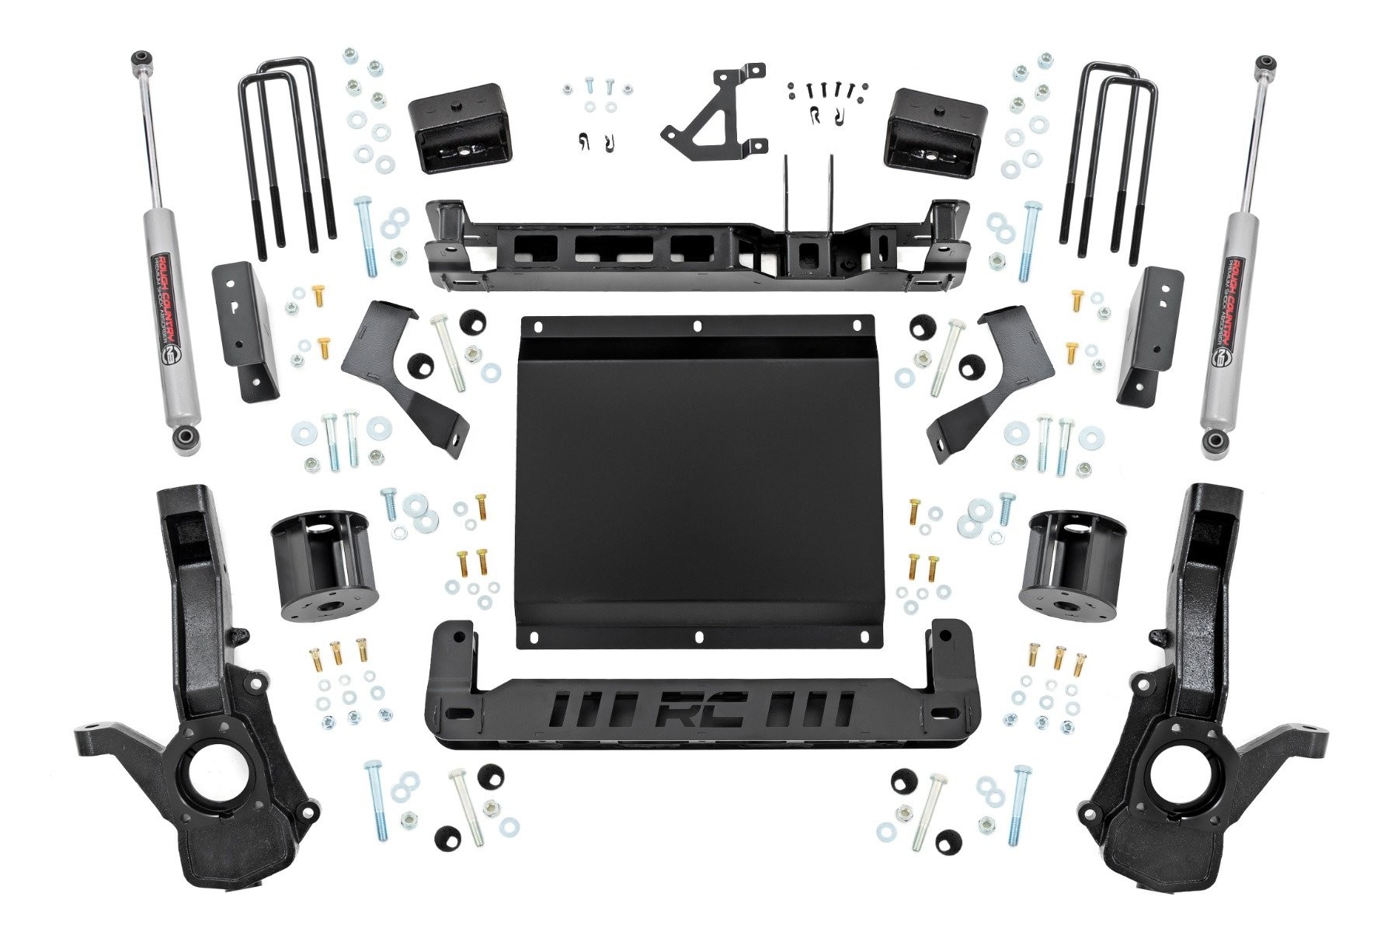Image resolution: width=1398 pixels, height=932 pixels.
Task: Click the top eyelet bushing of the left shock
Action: [141, 58]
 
